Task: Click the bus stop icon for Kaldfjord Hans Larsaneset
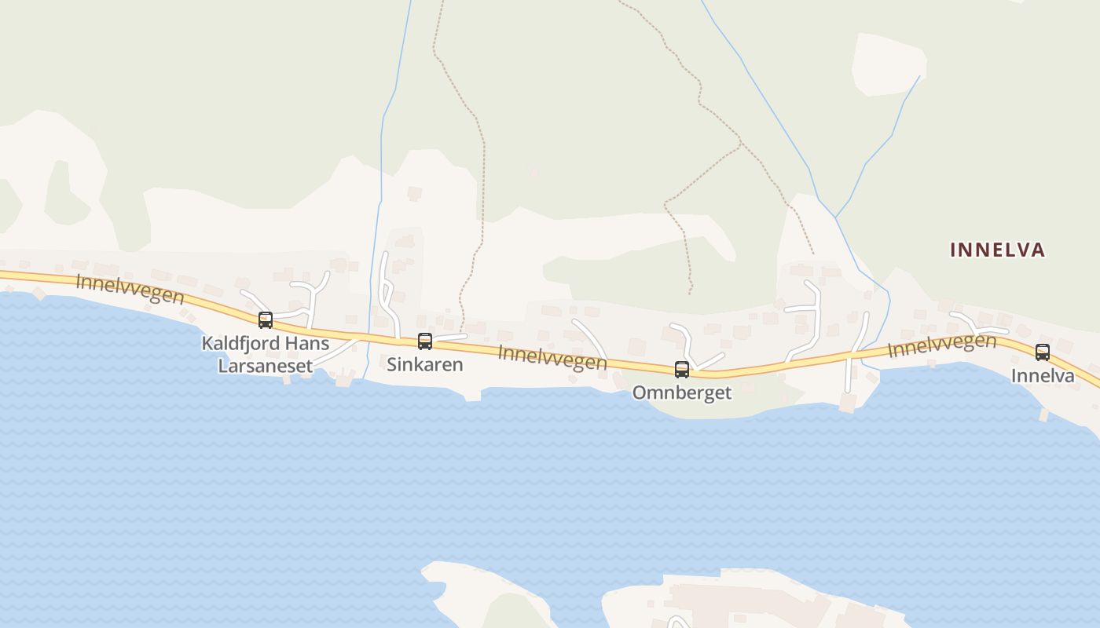(266, 319)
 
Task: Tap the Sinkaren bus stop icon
(425, 341)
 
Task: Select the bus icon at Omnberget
(682, 369)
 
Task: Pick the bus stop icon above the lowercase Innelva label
(1043, 352)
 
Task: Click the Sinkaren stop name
(425, 365)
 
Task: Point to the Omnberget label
(682, 392)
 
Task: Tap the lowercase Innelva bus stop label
(1043, 376)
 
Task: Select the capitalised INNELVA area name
(998, 250)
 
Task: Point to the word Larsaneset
(265, 366)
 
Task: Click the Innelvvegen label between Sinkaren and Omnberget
(552, 357)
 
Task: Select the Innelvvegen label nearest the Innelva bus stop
(942, 345)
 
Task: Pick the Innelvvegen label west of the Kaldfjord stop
(130, 289)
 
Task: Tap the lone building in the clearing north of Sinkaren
(415, 192)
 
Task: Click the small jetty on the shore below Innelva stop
(1043, 414)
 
